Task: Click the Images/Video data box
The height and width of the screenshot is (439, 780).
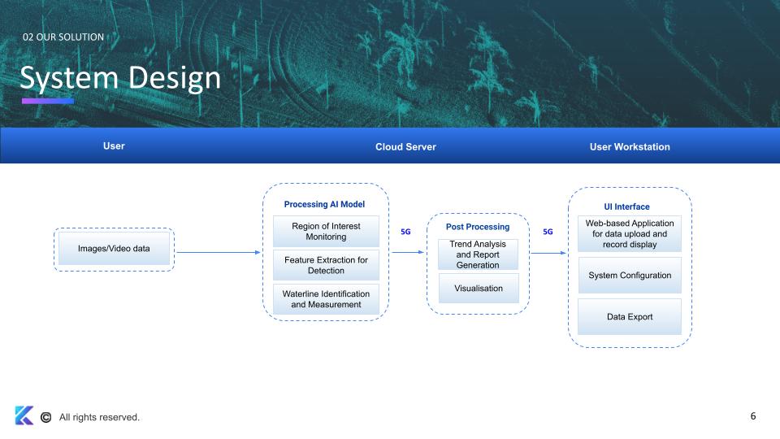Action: click(x=114, y=248)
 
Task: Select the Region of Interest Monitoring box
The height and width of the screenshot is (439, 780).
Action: click(x=325, y=231)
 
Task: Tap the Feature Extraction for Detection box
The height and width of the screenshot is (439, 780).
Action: click(x=325, y=265)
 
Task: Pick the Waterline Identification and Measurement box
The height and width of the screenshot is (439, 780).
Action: click(x=325, y=299)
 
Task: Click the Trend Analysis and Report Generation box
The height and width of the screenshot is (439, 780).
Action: click(x=478, y=254)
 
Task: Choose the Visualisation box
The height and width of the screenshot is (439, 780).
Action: click(x=478, y=289)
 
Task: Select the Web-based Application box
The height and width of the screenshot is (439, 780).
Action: click(x=630, y=233)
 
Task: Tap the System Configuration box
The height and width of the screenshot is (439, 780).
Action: click(x=630, y=276)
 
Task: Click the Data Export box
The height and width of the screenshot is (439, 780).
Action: click(x=630, y=317)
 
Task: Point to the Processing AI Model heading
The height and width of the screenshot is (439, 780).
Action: click(x=324, y=204)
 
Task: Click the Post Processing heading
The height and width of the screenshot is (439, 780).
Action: click(x=478, y=227)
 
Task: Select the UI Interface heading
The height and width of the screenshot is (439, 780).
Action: click(x=626, y=206)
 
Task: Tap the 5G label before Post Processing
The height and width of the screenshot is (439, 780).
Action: click(x=406, y=232)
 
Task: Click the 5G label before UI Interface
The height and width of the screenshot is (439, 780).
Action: click(x=548, y=232)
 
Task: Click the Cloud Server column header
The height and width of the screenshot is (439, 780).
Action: click(x=405, y=147)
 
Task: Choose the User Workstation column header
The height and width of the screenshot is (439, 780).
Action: click(x=630, y=147)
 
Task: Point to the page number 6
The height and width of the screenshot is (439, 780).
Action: click(x=753, y=416)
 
